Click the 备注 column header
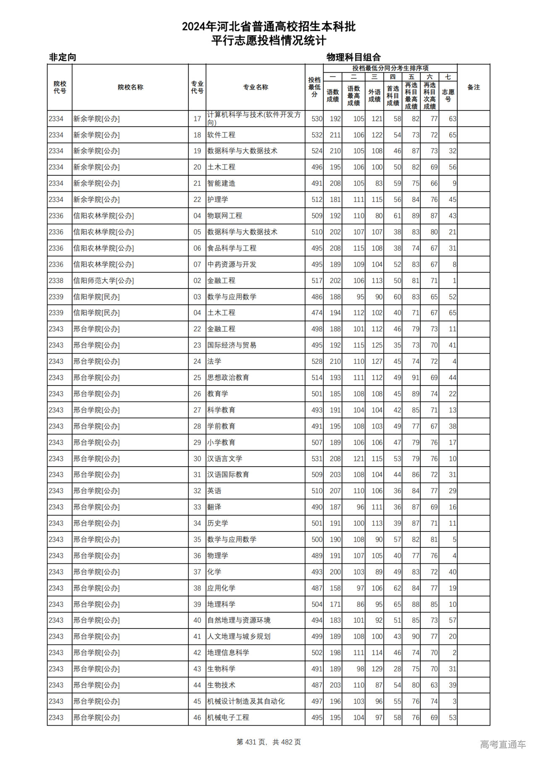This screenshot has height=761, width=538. tap(473, 87)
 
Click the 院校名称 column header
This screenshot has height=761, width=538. tap(130, 87)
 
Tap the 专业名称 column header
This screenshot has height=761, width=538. tap(256, 87)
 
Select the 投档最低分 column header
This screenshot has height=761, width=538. tap(314, 87)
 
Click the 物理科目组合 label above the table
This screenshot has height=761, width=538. tap(353, 57)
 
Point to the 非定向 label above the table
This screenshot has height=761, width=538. tap(63, 57)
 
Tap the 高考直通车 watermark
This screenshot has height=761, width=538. tap(503, 744)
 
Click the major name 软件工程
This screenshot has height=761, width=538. tap(221, 135)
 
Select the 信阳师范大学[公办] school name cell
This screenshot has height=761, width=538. tap(103, 280)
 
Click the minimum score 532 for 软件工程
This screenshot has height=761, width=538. tap(317, 135)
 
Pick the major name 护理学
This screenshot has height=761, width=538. tap(218, 200)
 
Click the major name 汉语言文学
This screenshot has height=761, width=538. tap(225, 459)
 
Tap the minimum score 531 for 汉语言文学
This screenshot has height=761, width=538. tap(317, 459)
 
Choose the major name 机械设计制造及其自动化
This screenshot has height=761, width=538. tap(246, 701)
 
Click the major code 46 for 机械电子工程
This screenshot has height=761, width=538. tap(197, 718)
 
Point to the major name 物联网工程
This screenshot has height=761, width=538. tap(225, 216)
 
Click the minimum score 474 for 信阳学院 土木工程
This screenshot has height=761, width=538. tap(317, 313)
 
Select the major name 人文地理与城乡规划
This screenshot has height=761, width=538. tap(239, 637)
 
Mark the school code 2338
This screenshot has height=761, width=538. tap(56, 280)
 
